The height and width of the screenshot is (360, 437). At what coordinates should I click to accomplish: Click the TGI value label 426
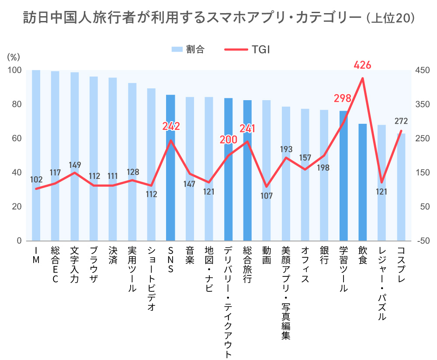coord(362,66)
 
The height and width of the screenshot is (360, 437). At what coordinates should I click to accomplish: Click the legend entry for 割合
coord(187,49)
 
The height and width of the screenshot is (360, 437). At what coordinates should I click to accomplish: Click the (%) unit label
coord(14,57)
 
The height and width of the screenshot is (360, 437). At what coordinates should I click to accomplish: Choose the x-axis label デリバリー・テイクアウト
coord(228,302)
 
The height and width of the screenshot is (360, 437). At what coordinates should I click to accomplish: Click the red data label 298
coord(343,98)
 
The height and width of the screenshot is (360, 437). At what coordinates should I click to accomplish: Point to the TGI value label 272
coord(401,121)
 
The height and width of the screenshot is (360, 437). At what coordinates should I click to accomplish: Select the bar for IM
coord(36,155)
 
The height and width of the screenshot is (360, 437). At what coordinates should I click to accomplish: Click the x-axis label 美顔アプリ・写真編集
coord(286,293)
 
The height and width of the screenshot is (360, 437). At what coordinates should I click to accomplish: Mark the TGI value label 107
coord(266,196)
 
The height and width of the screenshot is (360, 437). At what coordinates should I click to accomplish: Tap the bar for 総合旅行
coord(247,171)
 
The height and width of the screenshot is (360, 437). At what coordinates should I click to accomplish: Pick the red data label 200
coord(228,140)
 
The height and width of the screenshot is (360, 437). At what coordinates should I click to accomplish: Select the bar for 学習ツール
coord(343,175)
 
